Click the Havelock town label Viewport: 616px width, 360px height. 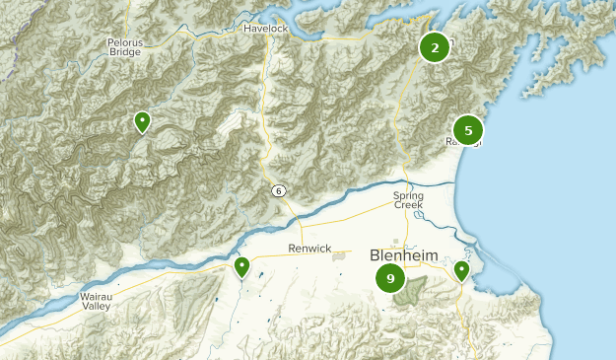point(265,29)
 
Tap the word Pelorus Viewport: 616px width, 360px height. point(124,41)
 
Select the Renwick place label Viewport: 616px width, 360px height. point(310,249)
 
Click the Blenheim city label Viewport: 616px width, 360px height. point(404,256)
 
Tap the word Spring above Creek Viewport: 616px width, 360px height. point(408,195)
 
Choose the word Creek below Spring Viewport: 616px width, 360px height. point(408,205)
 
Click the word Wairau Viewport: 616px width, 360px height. point(97,297)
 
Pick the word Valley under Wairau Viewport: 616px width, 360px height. point(96,307)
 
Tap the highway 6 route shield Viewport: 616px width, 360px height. point(281,189)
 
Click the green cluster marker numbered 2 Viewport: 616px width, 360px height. point(435,46)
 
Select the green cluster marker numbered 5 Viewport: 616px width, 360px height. point(468,129)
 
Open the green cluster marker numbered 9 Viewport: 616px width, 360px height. point(391,279)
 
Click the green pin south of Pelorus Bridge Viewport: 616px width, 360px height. point(143,121)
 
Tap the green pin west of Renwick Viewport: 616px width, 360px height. point(241,266)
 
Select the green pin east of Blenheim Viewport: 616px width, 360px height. point(461,269)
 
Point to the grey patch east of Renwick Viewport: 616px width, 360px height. point(341,255)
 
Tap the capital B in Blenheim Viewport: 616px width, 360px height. point(376,256)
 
